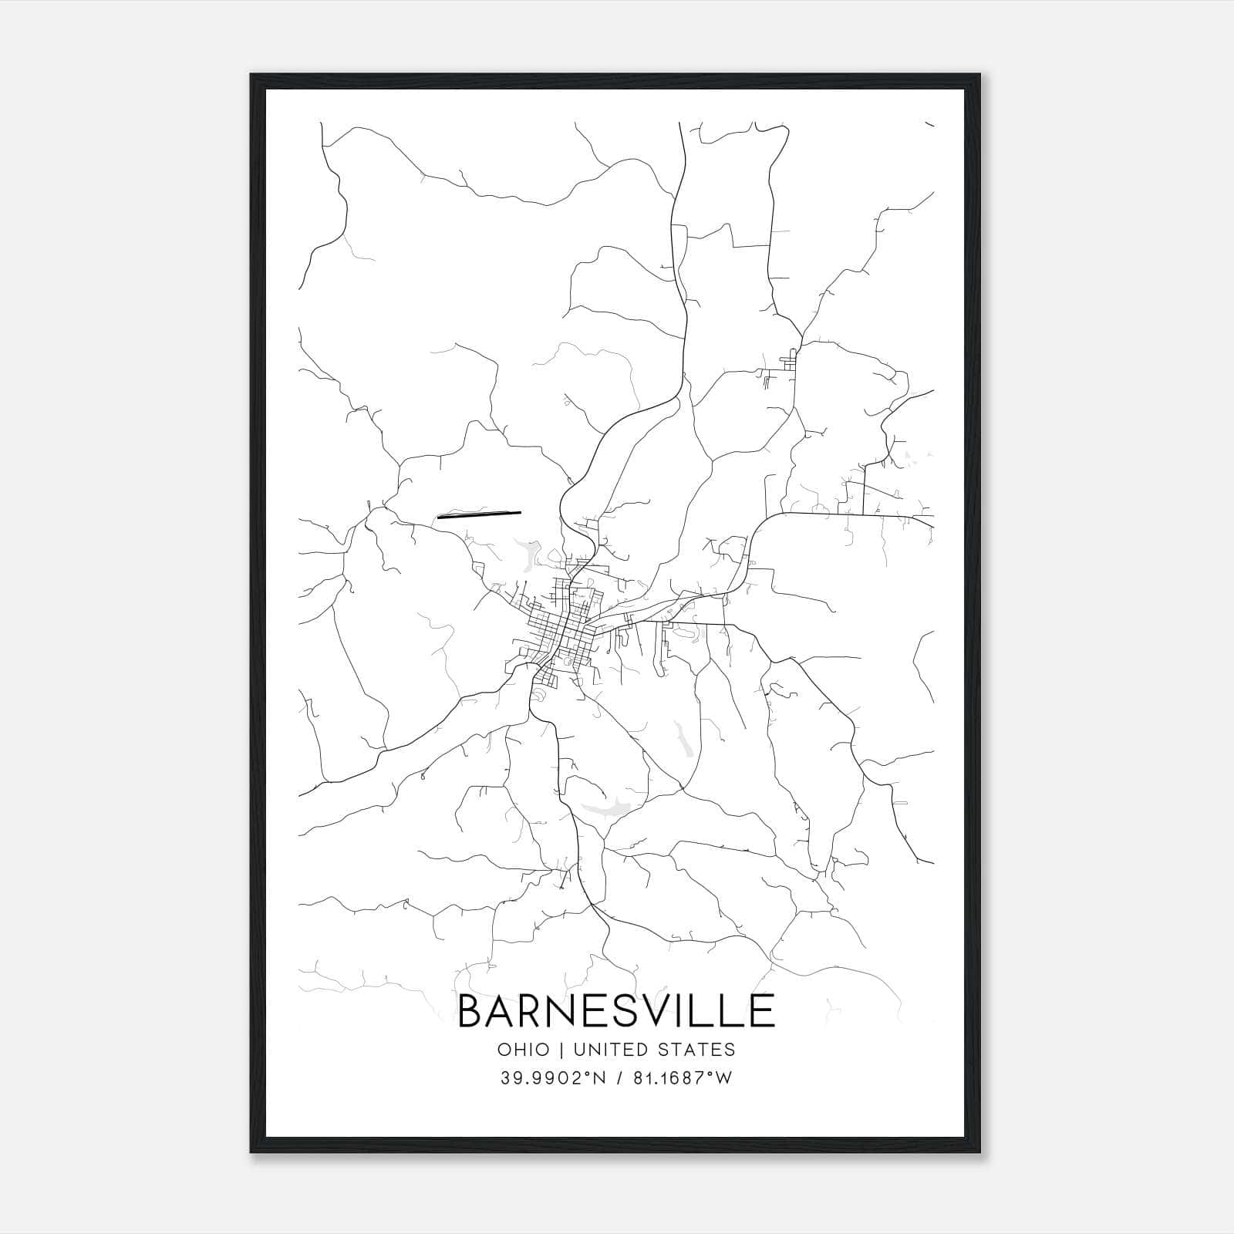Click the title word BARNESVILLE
click(616, 1010)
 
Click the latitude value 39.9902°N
click(553, 1078)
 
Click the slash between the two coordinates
click(619, 1078)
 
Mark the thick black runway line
click(479, 514)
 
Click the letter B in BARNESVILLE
click(472, 1010)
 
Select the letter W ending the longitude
click(724, 1078)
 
